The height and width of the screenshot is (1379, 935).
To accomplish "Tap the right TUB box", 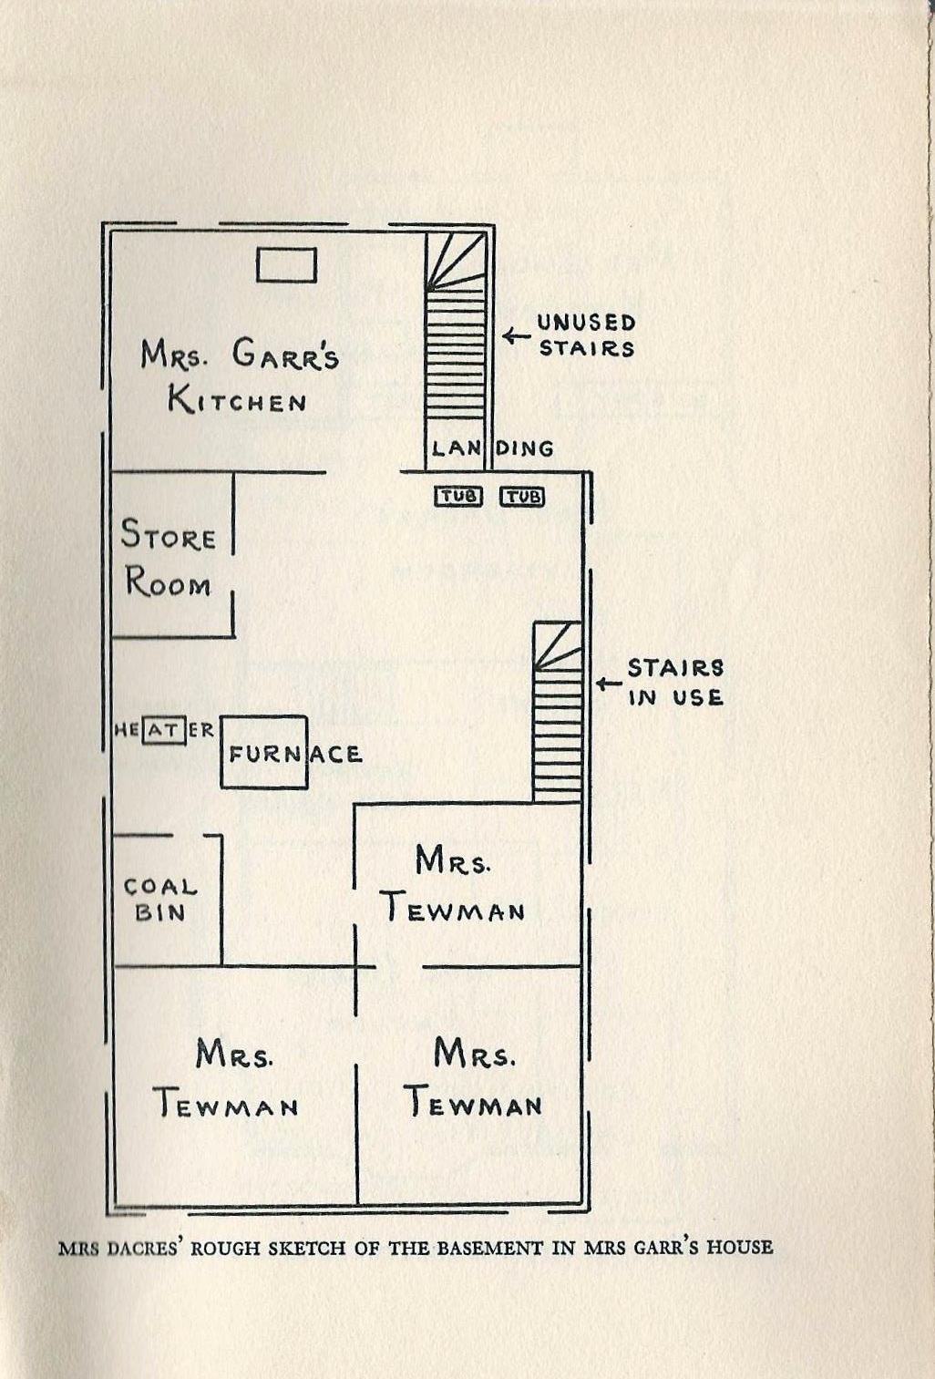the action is pos(522,497).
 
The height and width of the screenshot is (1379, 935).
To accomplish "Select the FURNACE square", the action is pos(264,752).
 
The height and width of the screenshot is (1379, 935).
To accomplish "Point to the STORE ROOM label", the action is pos(169,558).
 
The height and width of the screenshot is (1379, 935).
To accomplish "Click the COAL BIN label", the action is pos(160,899).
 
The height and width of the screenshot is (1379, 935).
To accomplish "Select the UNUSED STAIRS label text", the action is pos(586,334).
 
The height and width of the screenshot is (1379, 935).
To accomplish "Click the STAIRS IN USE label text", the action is pos(675,683).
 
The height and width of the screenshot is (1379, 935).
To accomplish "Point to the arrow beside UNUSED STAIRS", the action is pos(516,336).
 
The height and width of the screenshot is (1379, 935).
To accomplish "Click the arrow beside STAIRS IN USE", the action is pos(608,683).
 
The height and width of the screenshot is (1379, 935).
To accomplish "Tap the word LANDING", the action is pos(492,448).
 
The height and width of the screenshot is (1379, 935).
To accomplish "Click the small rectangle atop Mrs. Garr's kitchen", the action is pos(286,265).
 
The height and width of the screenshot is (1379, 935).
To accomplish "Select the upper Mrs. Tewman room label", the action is pos(453,884).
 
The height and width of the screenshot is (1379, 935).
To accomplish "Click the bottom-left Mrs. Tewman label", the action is pos(226,1080).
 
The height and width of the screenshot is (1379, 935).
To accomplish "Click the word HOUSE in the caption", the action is pos(740,1247).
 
